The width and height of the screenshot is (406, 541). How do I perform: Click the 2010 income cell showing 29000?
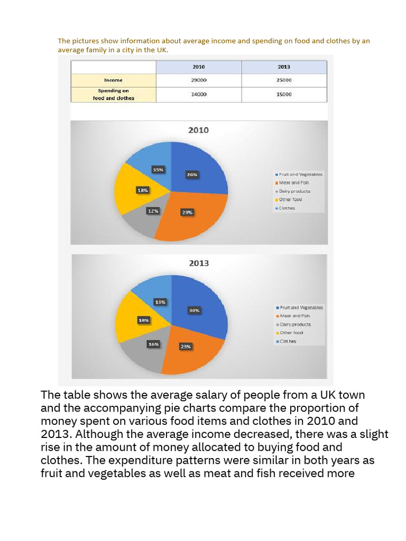point(199,80)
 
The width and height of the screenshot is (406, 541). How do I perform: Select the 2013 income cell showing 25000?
point(284,80)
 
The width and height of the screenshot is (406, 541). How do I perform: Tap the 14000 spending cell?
point(199,94)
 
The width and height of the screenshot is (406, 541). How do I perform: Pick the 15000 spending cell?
point(284,94)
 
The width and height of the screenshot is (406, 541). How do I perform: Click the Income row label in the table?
point(113,80)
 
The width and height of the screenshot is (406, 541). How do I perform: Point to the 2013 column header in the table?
point(284,67)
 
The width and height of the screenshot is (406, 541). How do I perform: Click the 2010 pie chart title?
point(199,130)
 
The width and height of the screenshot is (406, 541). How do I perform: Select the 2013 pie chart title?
point(199,263)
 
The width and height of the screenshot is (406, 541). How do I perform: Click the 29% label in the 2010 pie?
point(188,212)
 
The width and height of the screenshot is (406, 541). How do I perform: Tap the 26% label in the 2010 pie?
point(192,175)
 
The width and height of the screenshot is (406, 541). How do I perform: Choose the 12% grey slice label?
point(153,211)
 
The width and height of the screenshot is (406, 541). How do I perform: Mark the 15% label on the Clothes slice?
point(158,170)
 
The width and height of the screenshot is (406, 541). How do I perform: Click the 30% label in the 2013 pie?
point(194,311)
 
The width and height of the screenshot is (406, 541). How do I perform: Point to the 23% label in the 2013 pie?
point(186,347)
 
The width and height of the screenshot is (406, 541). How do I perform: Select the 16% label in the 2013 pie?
point(153,344)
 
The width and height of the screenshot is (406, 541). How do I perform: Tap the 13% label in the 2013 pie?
point(160,302)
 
